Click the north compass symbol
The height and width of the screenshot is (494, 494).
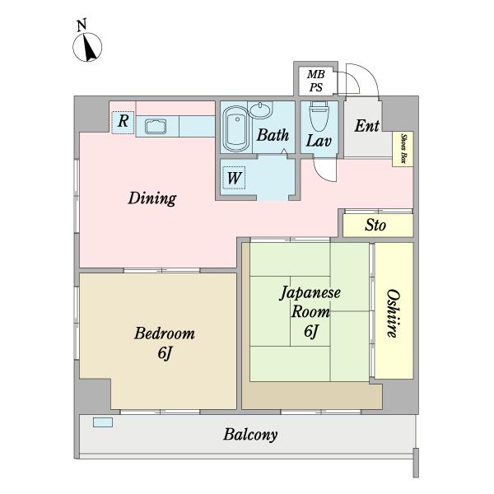[x=87, y=47]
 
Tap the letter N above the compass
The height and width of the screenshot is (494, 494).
[x=82, y=26]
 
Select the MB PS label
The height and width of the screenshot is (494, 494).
[x=315, y=81]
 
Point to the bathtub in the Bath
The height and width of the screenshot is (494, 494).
[x=236, y=128]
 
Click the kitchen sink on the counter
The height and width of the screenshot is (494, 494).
[x=156, y=126]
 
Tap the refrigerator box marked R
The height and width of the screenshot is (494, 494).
[x=123, y=123]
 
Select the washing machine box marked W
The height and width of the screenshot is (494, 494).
[x=234, y=178]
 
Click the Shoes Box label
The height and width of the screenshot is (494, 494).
[x=403, y=149]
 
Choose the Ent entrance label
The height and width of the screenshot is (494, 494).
[x=366, y=126]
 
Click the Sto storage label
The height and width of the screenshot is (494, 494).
[x=375, y=226]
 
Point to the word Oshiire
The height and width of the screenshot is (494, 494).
[x=394, y=313]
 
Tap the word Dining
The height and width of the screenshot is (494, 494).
[x=152, y=198]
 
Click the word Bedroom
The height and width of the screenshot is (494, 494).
[x=165, y=333]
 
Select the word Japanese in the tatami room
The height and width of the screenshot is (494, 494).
[x=310, y=293]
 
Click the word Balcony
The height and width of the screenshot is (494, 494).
[x=250, y=435]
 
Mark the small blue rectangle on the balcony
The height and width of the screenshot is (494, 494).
[x=103, y=422]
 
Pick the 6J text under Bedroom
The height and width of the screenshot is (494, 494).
[x=165, y=353]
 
